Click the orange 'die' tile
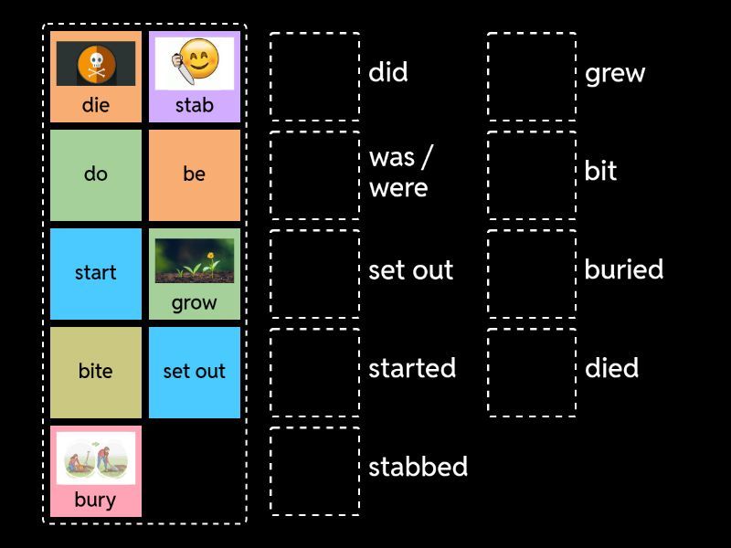pos(96,77)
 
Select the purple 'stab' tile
pos(195,77)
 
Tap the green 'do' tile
pos(96,174)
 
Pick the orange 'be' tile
pos(195,174)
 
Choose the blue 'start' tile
pos(96,273)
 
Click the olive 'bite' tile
pos(96,372)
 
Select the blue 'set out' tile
pos(195,372)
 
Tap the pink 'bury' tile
pos(96,471)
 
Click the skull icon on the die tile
pos(96,64)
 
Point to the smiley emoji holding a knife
pos(196,62)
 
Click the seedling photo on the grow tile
pos(195,261)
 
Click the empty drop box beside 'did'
pos(314,77)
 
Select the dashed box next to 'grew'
pos(532,77)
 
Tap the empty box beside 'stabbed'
pos(314,471)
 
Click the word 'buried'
pos(624,269)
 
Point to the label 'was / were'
pos(398,173)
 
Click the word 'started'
pos(412,368)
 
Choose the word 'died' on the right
pos(611,368)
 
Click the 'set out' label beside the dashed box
pos(411,269)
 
